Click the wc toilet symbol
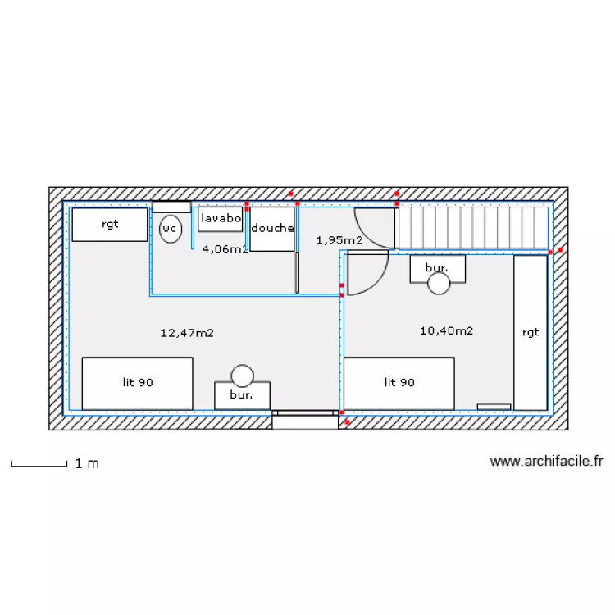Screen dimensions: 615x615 [x=170, y=229]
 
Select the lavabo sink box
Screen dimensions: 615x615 [x=221, y=219]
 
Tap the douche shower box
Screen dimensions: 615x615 [x=272, y=229]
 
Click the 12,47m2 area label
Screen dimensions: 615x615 [x=187, y=333]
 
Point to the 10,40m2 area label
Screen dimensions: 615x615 [x=446, y=331]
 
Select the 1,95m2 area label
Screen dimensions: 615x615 [x=339, y=240]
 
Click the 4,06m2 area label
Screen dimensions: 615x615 [x=225, y=249]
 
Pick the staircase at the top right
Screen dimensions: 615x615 [x=473, y=227]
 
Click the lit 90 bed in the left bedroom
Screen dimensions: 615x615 [x=137, y=382]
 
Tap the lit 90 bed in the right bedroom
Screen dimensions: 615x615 [x=399, y=382]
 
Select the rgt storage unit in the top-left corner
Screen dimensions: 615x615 [x=110, y=224]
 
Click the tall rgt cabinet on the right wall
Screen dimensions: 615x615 [x=531, y=332]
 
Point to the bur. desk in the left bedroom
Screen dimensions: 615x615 [x=242, y=394]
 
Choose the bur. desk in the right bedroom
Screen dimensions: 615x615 [x=438, y=268]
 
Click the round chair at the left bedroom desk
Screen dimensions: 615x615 [x=242, y=376]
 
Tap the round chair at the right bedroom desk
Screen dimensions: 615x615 [x=439, y=284]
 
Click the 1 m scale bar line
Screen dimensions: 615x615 [x=39, y=466]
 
